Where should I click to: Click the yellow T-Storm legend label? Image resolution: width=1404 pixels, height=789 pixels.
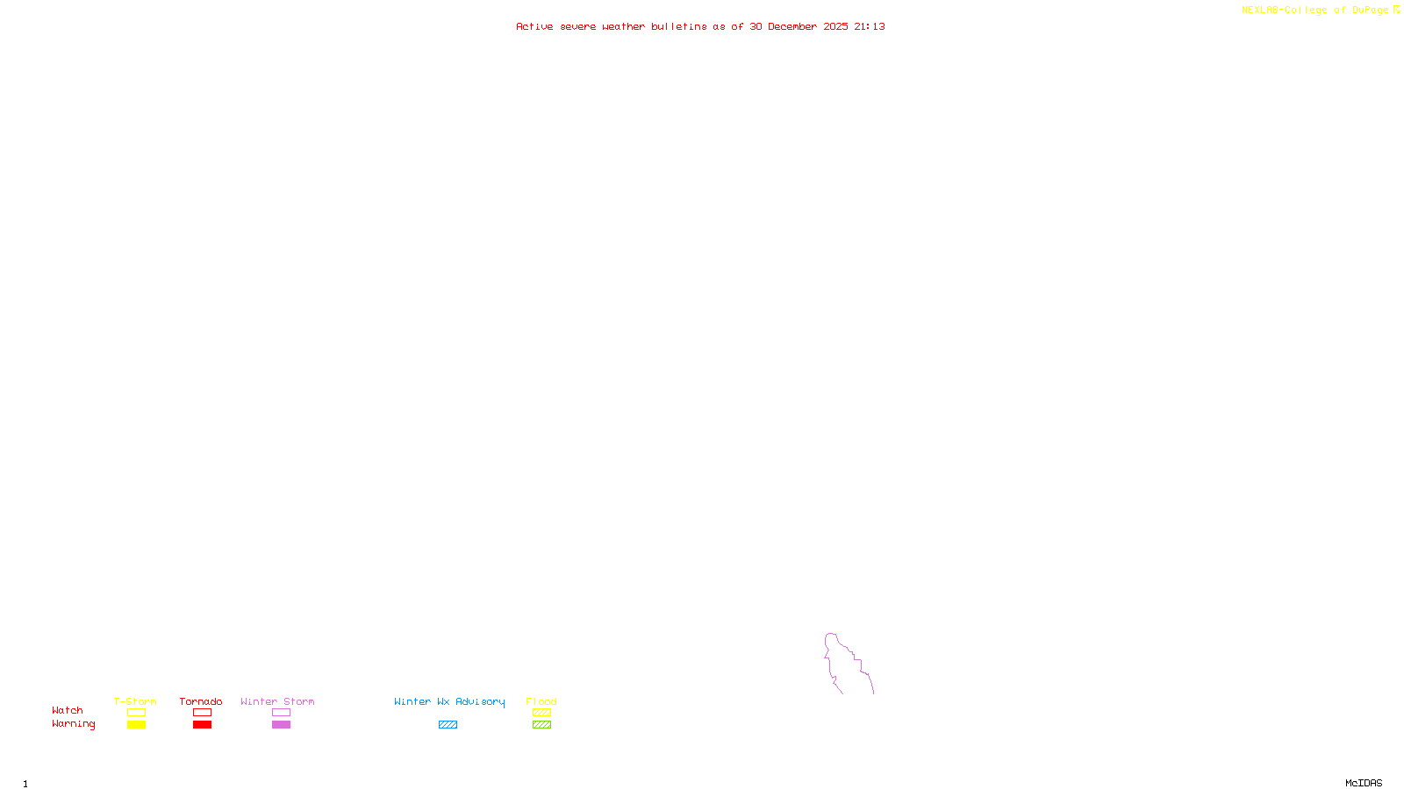point(135,701)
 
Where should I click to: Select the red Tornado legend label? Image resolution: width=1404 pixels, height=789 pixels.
point(201,701)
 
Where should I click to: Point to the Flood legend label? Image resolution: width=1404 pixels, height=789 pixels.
point(541,701)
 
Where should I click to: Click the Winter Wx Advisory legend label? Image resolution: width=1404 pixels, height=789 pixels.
point(449,701)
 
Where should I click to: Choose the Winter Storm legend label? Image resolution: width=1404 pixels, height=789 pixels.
point(277,701)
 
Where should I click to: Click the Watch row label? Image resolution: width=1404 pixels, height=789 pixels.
point(68,711)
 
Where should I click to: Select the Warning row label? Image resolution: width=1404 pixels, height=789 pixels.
point(73,724)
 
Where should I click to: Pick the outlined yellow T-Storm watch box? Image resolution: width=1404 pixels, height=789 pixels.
point(136,713)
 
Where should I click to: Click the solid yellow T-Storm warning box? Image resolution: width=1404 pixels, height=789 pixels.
point(136,725)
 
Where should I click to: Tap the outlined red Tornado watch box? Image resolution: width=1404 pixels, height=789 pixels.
point(202,713)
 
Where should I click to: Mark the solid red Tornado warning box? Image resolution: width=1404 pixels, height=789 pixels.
point(202,725)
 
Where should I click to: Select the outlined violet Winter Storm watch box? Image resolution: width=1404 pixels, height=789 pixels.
point(281,713)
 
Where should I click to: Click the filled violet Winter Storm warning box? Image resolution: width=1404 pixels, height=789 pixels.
point(281,725)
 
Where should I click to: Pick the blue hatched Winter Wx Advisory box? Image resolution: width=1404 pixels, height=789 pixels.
point(448,725)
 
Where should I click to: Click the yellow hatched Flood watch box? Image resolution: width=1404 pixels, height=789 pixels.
point(541,713)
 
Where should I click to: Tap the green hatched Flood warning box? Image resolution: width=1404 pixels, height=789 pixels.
point(541,725)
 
